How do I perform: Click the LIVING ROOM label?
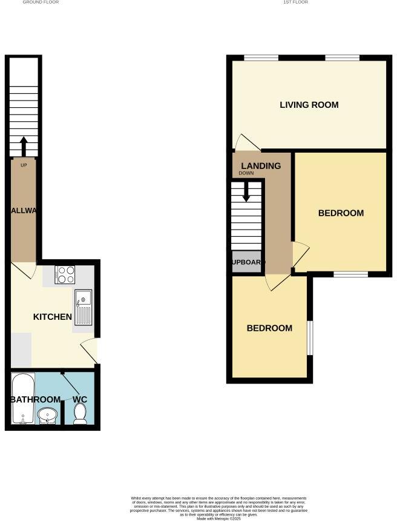[x=309, y=105]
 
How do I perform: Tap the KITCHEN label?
[x=52, y=317]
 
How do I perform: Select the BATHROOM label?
[x=35, y=399]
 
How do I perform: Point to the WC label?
[x=80, y=399]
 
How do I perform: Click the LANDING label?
[x=261, y=166]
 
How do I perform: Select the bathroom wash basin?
[x=47, y=416]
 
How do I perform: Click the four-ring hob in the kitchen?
[x=65, y=276]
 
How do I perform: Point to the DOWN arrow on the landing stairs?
[x=246, y=192]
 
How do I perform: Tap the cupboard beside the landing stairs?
[x=247, y=262]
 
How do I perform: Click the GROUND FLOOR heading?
[x=41, y=2]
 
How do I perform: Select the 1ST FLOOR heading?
[x=295, y=2]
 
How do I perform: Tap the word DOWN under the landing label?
[x=246, y=174]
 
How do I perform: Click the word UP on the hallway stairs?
[x=24, y=165]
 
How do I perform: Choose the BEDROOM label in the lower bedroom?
[x=269, y=328]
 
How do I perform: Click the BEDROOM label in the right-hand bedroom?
[x=341, y=213]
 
